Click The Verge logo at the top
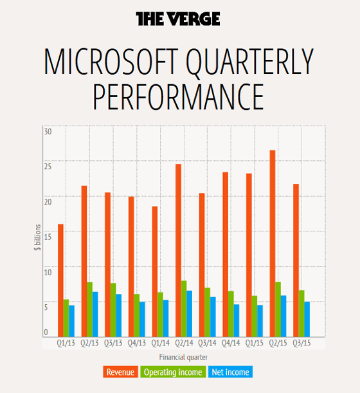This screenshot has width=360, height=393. tap(178, 19)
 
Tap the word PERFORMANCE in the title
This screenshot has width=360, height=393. tap(179, 97)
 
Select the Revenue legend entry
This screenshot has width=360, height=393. tap(120, 372)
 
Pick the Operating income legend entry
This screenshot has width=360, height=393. tap(173, 372)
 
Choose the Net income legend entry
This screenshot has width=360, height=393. tap(231, 372)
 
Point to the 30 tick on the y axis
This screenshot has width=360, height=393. tap(48, 132)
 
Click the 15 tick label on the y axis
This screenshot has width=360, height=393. tap(48, 237)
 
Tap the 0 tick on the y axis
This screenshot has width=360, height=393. tap(46, 333)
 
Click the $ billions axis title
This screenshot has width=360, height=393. tap(37, 237)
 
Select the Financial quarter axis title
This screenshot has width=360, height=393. tap(183, 357)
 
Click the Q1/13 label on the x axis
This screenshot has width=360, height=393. tap(66, 343)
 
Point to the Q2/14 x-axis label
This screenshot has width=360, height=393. tap(184, 343)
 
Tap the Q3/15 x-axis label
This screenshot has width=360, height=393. tap(301, 343)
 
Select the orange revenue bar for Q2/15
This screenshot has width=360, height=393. tap(273, 243)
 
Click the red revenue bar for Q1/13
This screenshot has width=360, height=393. tap(60, 280)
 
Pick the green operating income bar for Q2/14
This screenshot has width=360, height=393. tap(184, 309)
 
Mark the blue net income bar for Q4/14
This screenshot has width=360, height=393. tap(237, 320)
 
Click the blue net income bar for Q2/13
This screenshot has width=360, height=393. tap(95, 314)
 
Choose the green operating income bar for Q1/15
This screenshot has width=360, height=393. tap(255, 316)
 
